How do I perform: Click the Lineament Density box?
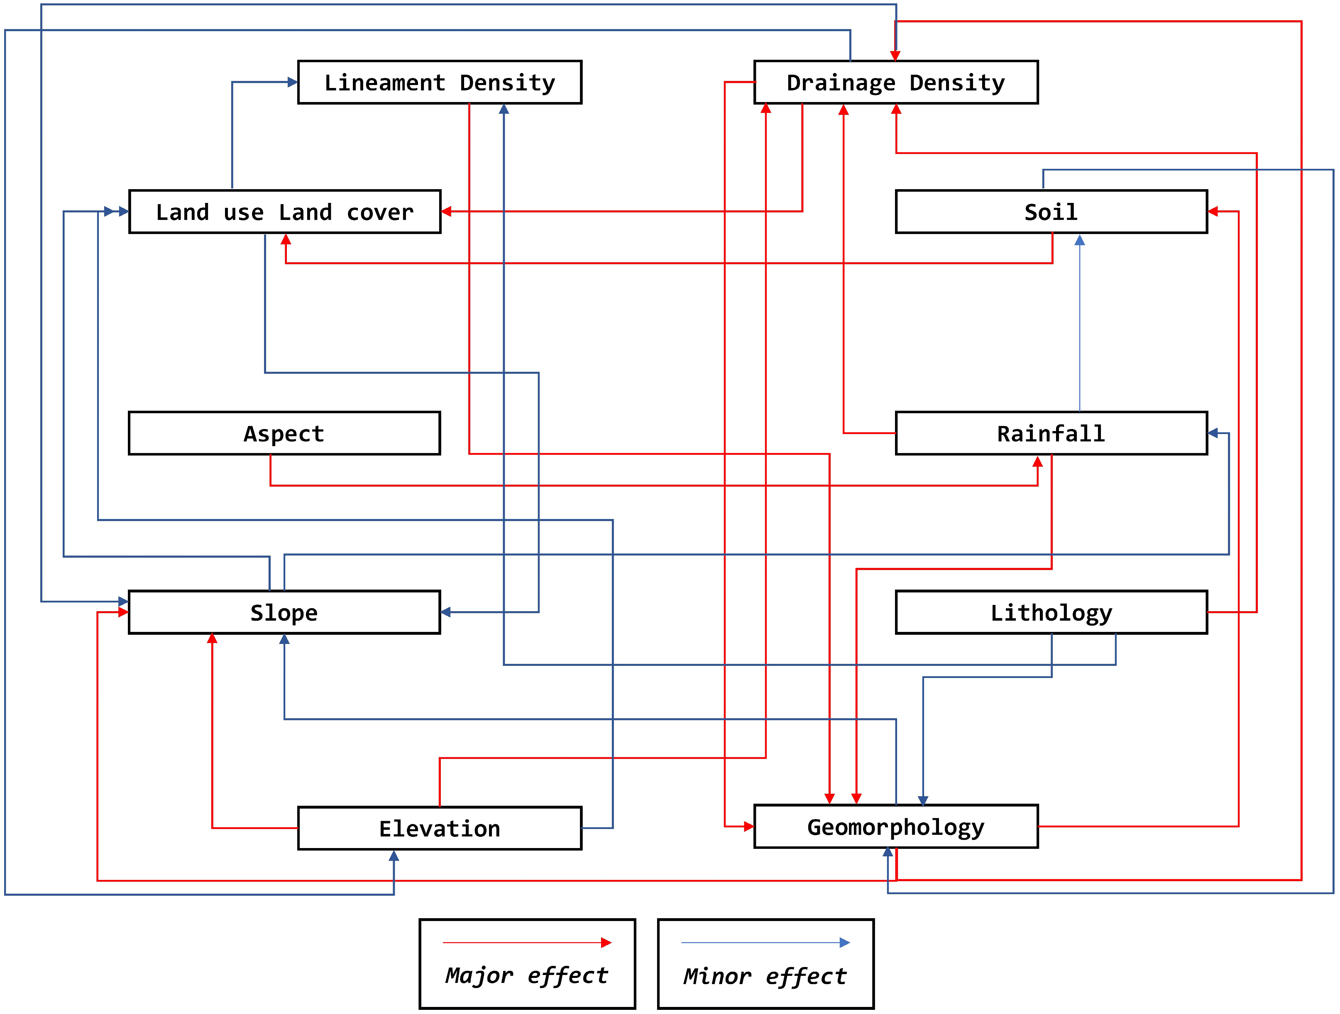click(439, 82)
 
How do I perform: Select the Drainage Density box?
click(895, 82)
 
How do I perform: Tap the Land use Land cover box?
click(285, 212)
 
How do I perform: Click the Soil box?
click(1051, 212)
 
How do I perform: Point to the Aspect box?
click(284, 434)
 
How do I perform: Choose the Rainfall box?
click(1051, 434)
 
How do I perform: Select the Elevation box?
click(439, 828)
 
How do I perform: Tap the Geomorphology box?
click(895, 826)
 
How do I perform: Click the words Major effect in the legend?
click(526, 975)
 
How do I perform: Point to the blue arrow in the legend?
click(765, 943)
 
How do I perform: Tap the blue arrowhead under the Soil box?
click(1079, 240)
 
